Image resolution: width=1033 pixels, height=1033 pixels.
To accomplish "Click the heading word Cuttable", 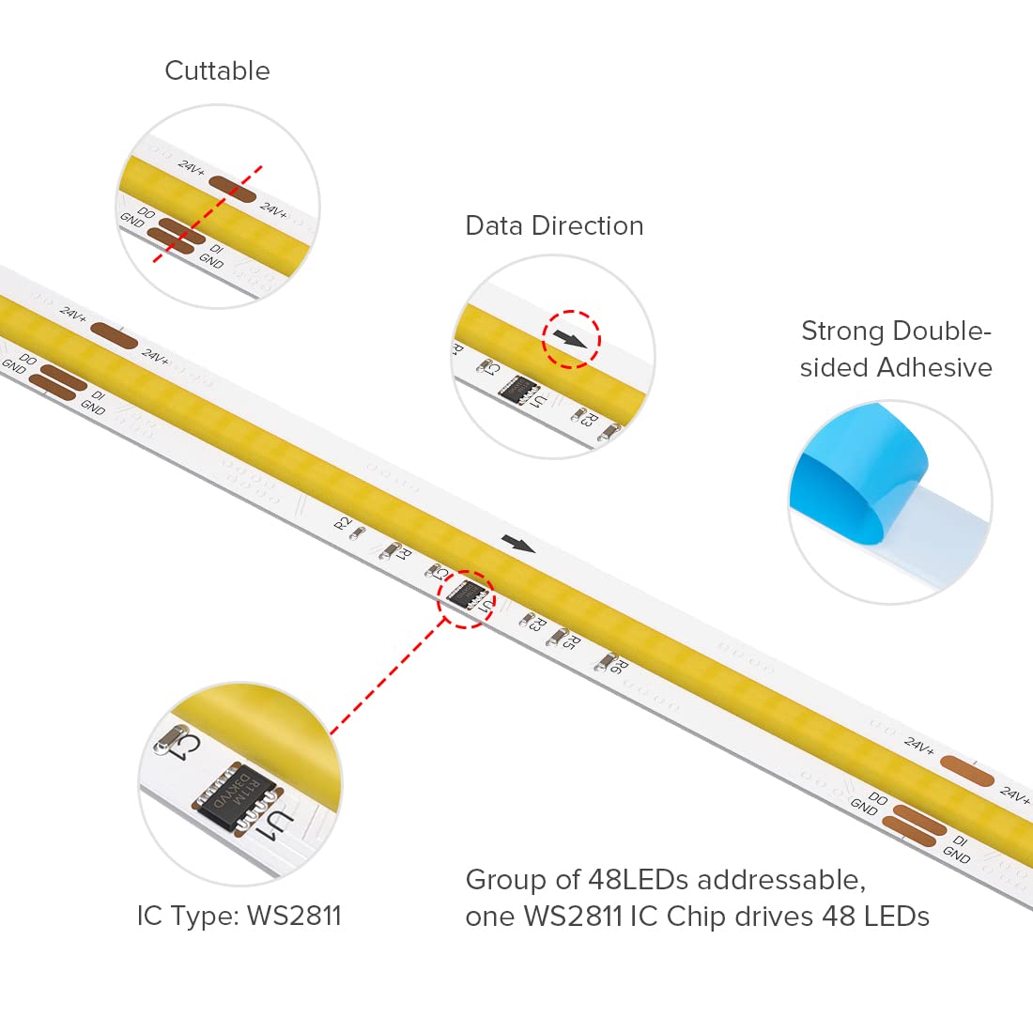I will [x=217, y=71].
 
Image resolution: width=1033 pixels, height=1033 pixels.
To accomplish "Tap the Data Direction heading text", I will [x=554, y=226].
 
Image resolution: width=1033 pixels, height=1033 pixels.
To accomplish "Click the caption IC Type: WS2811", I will [x=239, y=916].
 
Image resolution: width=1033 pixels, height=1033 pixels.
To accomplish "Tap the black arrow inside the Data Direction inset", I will [x=570, y=338].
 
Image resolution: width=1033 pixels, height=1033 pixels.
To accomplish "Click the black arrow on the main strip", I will [x=518, y=544].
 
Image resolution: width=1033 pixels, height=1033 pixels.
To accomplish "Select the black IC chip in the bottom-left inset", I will [x=236, y=796].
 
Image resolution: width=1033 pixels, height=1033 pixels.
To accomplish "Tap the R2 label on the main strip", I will [x=344, y=522].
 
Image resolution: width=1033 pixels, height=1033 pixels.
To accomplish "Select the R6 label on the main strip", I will [x=615, y=667].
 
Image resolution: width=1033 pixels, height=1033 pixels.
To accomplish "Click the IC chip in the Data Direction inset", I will [x=517, y=390].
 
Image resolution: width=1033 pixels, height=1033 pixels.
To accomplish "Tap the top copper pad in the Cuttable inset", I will [x=232, y=189].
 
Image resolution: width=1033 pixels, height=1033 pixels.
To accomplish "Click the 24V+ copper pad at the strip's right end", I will [x=966, y=771].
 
